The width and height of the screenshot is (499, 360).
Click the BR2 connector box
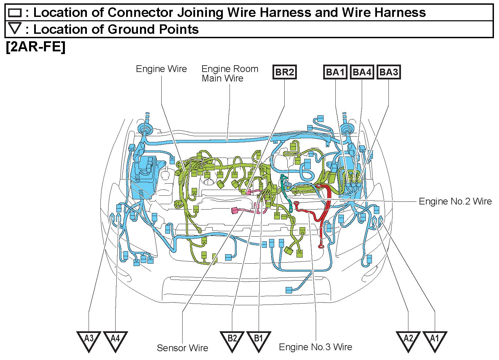coord(284,72)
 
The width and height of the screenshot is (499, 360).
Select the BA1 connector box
coord(335,72)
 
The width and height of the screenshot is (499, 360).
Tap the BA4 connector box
coord(362,72)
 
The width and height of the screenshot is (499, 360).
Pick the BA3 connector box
coord(388,72)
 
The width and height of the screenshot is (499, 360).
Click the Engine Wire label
coord(161,69)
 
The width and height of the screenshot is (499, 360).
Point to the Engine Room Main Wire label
coord(230,73)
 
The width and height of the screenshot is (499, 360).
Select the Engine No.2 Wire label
coord(455,201)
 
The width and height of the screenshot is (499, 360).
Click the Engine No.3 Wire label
coord(315,347)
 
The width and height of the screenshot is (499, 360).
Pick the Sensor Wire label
coord(183,348)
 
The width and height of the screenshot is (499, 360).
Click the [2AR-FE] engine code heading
coord(35,47)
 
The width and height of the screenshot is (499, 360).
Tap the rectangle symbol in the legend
coord(15,13)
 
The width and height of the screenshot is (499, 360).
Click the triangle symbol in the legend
coord(15,28)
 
